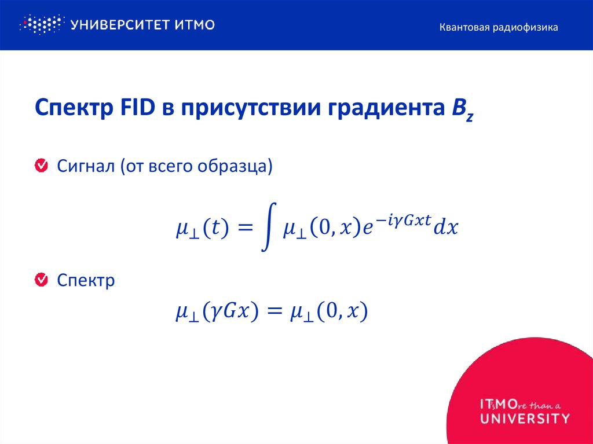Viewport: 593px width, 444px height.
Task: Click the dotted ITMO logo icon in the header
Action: tap(40, 25)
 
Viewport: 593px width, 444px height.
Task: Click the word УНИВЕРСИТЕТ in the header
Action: tap(118, 25)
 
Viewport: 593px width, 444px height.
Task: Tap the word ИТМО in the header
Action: tap(194, 25)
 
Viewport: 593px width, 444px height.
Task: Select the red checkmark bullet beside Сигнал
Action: tap(42, 166)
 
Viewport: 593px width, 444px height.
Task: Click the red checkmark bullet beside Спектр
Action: tap(42, 281)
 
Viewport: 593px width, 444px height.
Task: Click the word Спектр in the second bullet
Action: tap(86, 281)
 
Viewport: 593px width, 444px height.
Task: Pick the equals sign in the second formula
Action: tap(274, 313)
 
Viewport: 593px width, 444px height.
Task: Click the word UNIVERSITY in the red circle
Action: tap(525, 417)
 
